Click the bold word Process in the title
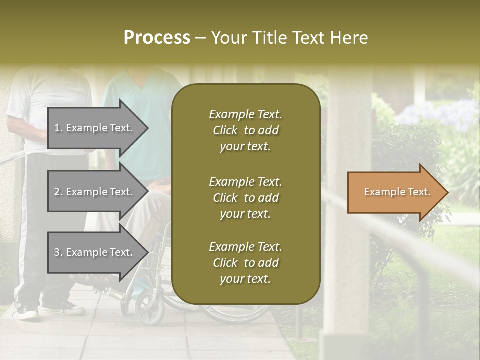point(157,37)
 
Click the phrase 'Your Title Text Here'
point(289,38)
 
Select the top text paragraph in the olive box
point(245,130)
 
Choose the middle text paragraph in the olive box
point(245,198)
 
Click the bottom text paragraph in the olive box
point(245,263)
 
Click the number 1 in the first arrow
point(56,128)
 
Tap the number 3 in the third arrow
point(57,252)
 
